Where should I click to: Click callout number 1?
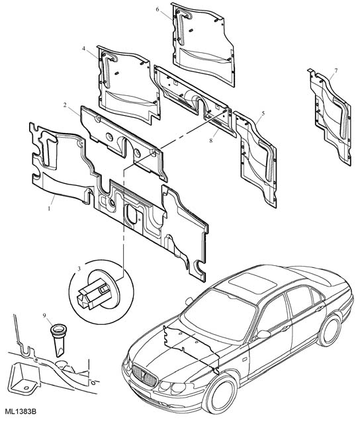coord(49,208)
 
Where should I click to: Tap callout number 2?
coord(65,105)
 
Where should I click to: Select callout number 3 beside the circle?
coord(79,269)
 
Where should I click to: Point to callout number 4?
coord(83,48)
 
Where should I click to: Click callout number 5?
coord(263,113)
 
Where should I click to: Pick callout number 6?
coord(157,9)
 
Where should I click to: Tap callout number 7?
coord(336,71)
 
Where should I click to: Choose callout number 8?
coord(210,140)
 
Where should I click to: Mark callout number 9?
coord(44,316)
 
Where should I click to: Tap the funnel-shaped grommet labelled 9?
coord(58,340)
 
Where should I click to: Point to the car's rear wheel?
coord(329,330)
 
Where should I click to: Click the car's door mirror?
coord(263,335)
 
